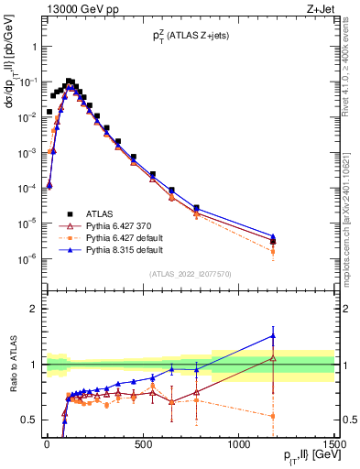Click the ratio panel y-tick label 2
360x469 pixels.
(33, 309)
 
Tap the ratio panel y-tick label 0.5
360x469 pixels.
(29, 420)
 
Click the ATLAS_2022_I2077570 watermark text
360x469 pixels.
(190, 273)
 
